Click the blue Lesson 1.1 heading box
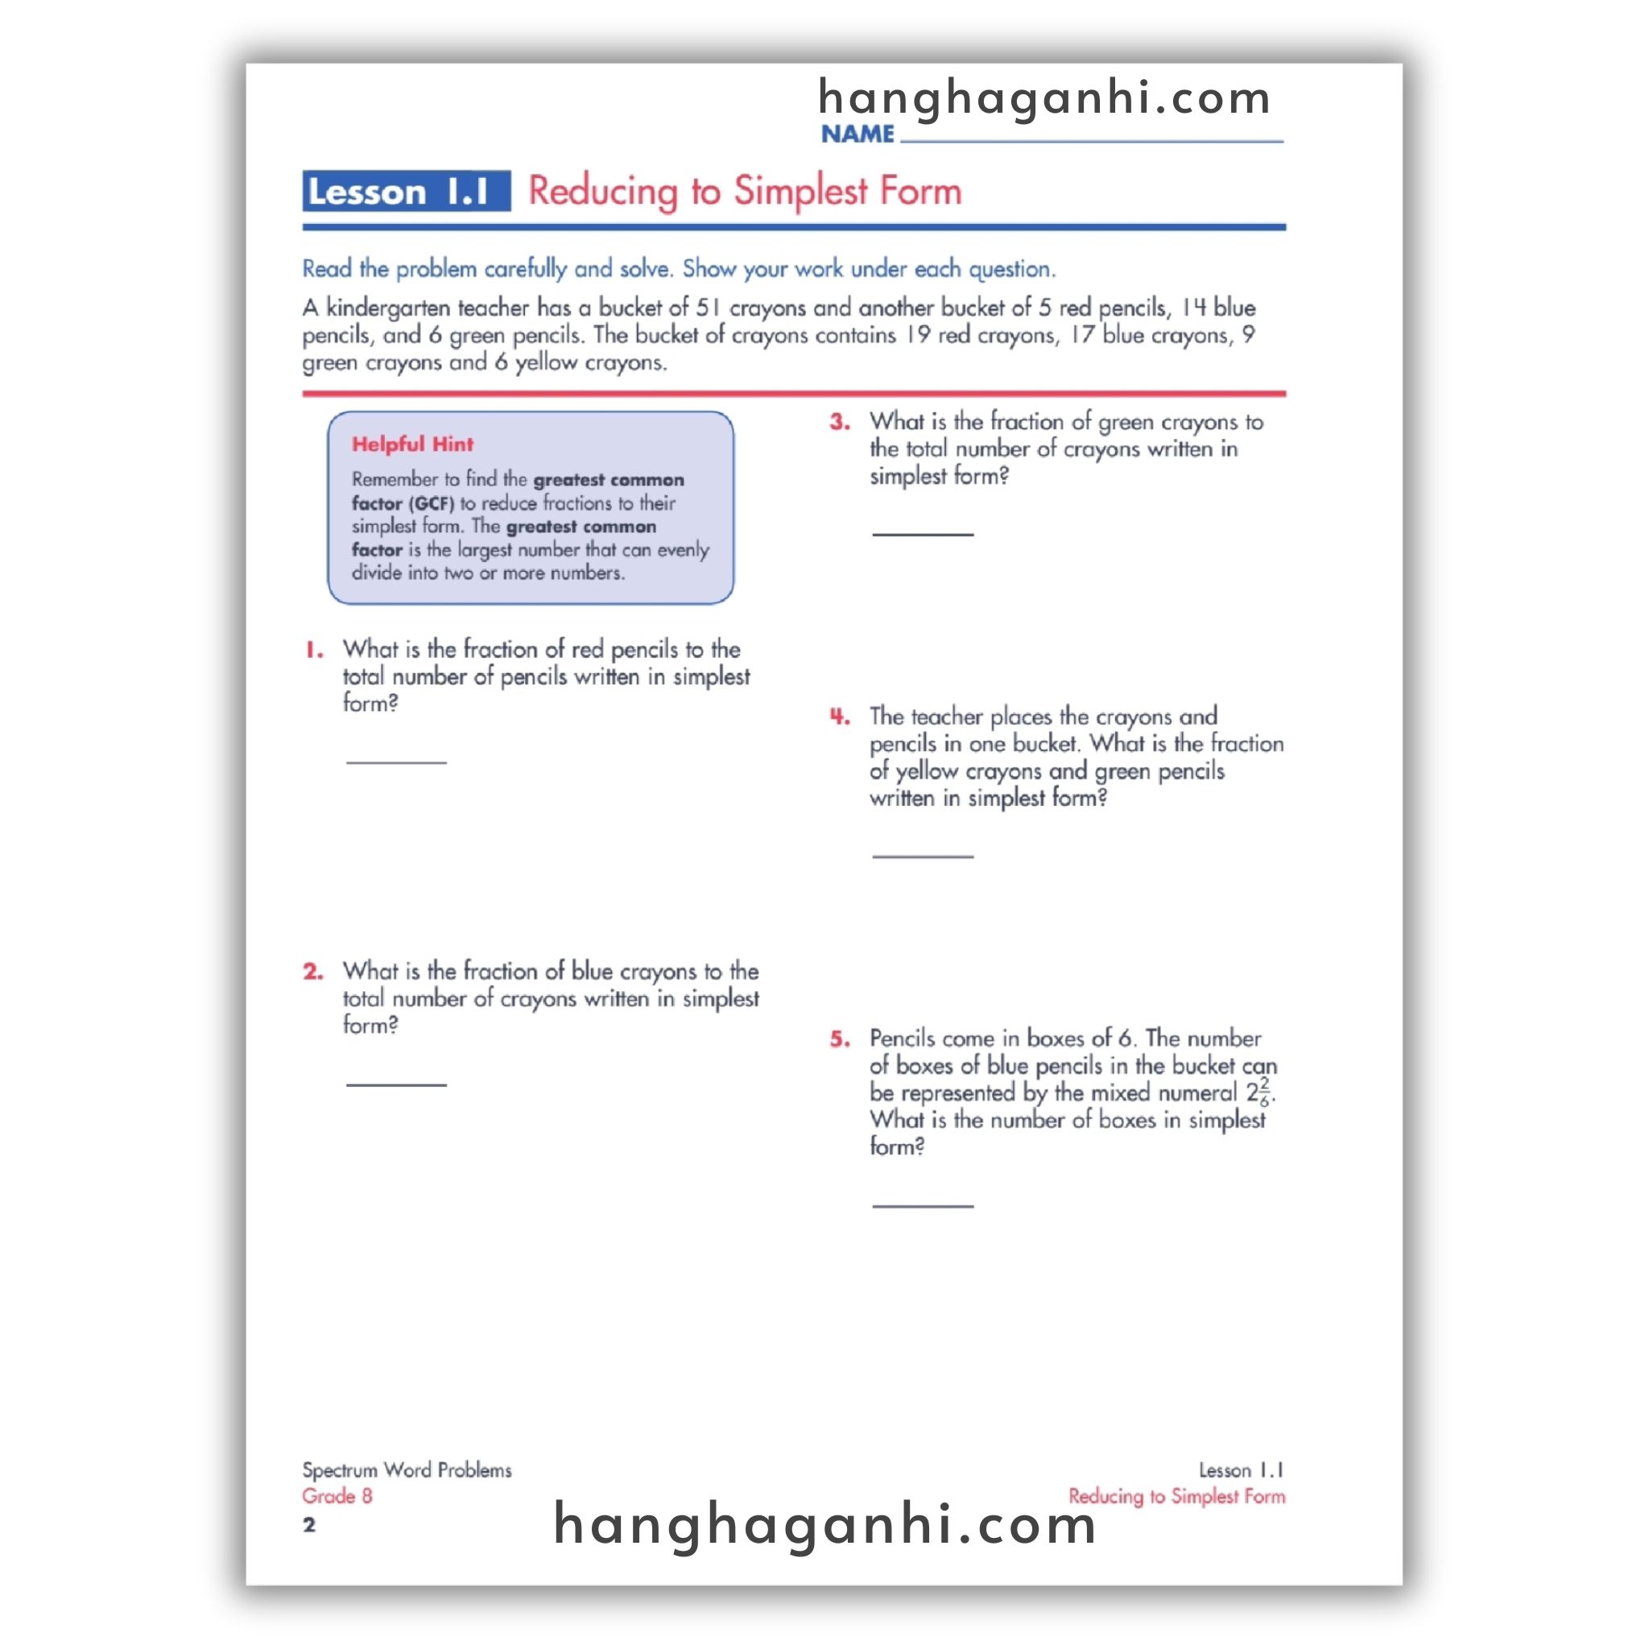point(407,190)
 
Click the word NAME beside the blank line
point(857,134)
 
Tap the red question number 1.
point(315,651)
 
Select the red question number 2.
point(313,971)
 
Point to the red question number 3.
point(840,422)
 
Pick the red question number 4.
point(840,716)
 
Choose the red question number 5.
point(840,1039)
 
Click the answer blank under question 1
point(396,759)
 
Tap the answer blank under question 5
point(923,1205)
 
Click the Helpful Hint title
point(412,444)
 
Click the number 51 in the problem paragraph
point(708,308)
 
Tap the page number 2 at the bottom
point(309,1524)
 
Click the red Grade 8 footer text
point(337,1496)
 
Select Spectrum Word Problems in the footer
point(407,1469)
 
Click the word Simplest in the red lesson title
point(800,190)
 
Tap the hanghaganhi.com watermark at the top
point(1044,97)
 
